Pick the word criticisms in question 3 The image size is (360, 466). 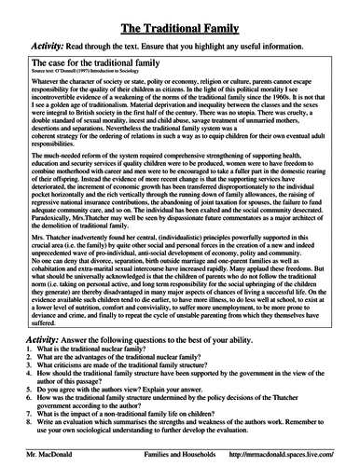tap(73, 368)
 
